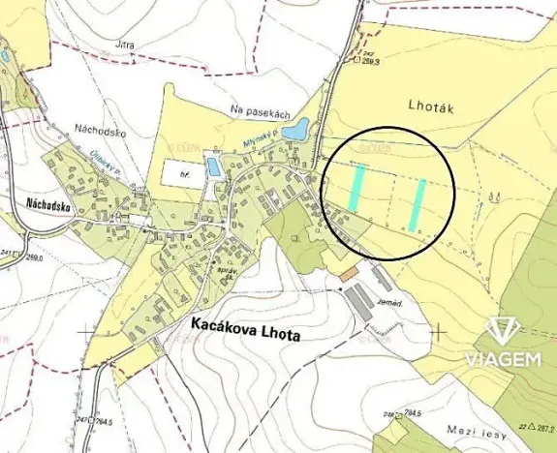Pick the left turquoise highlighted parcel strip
click(x=357, y=188)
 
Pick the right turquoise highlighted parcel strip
click(x=418, y=205)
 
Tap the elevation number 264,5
click(x=102, y=422)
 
